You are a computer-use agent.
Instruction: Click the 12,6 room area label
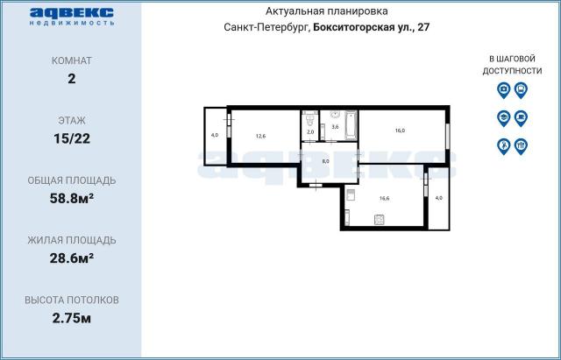click(261, 136)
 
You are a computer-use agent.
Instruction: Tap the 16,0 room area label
click(400, 131)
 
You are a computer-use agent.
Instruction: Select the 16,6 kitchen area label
click(384, 199)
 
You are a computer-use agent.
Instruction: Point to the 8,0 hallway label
click(325, 161)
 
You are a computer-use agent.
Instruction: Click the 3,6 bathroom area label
click(335, 126)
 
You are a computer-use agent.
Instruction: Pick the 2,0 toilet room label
click(310, 131)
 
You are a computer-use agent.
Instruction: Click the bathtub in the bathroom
click(351, 124)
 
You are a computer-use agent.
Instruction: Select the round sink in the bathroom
click(335, 114)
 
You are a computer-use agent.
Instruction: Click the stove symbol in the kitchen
click(380, 220)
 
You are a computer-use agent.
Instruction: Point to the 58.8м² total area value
click(72, 198)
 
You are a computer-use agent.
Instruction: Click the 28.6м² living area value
click(72, 258)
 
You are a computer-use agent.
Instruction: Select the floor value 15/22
click(72, 138)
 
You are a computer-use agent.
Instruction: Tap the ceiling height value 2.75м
click(72, 318)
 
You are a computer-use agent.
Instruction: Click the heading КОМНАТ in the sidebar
click(72, 60)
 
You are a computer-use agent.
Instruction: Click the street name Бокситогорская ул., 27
click(371, 27)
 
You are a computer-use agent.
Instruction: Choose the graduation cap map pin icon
click(503, 118)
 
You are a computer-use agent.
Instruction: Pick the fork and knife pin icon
click(521, 146)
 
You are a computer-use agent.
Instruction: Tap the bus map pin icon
click(521, 89)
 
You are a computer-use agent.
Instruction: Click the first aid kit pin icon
click(503, 89)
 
